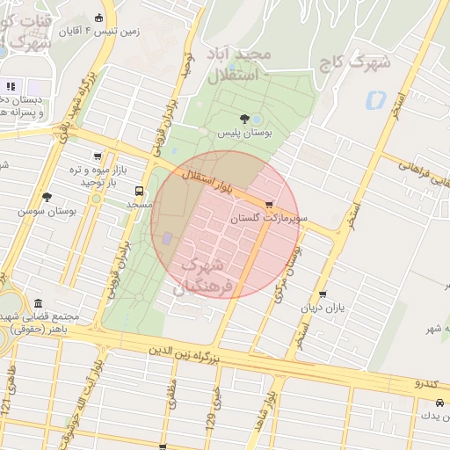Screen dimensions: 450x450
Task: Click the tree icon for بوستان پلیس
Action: [x=244, y=118]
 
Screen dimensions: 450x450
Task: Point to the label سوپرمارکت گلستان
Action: [x=269, y=217]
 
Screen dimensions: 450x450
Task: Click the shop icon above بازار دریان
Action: [x=323, y=295]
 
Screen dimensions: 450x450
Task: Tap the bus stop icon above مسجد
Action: [x=140, y=191]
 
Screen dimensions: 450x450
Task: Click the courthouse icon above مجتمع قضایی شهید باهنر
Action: [x=40, y=303]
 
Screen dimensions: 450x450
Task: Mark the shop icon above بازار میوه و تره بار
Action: [x=96, y=157]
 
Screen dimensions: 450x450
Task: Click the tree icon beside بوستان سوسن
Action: [x=47, y=197]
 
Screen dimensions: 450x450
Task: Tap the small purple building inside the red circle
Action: [x=167, y=238]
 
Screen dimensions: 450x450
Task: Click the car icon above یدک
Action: [x=439, y=402]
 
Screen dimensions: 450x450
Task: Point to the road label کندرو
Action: [x=431, y=384]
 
